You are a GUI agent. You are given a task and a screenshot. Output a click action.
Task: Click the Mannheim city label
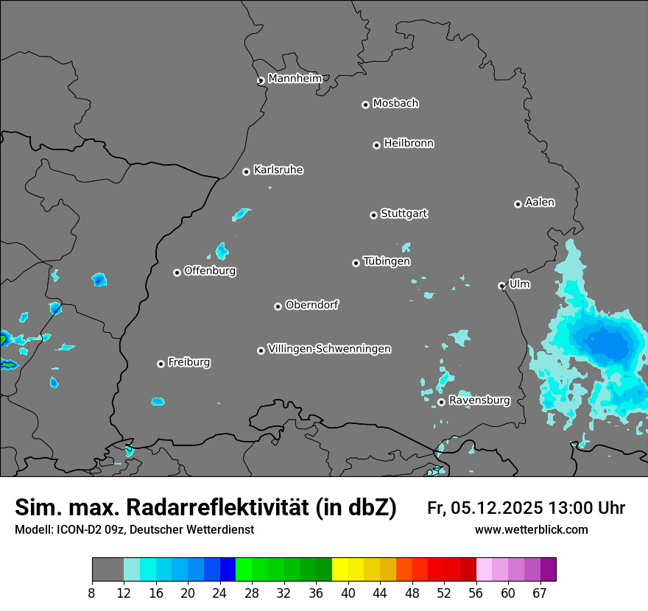(x=295, y=78)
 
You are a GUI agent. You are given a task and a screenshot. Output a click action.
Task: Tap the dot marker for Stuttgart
(x=373, y=215)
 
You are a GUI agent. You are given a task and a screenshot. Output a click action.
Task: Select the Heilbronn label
(x=409, y=143)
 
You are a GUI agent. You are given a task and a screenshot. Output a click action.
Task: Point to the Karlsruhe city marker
(x=246, y=172)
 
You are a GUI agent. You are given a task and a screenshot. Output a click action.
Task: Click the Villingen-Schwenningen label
(x=329, y=348)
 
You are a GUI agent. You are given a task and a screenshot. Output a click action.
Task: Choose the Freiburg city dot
(x=161, y=364)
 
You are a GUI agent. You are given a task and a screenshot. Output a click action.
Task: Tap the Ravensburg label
(x=479, y=400)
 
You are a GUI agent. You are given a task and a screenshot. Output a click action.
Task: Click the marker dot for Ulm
(x=501, y=286)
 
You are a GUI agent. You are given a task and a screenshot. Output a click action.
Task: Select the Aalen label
(x=540, y=202)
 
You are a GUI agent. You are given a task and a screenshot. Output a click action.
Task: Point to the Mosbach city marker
(x=365, y=105)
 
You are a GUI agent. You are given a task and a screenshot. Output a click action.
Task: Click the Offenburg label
(x=210, y=270)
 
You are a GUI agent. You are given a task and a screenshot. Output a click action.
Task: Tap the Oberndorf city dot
(x=278, y=306)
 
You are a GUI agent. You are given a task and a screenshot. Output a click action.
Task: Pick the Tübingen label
(x=387, y=261)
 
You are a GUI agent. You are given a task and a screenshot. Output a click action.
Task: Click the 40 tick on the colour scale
(x=348, y=593)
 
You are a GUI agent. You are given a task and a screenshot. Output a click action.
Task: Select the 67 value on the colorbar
(x=540, y=593)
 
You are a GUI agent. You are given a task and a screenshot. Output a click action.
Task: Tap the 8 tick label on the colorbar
(x=92, y=593)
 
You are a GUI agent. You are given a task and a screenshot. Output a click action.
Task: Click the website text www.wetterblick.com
(x=531, y=529)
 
